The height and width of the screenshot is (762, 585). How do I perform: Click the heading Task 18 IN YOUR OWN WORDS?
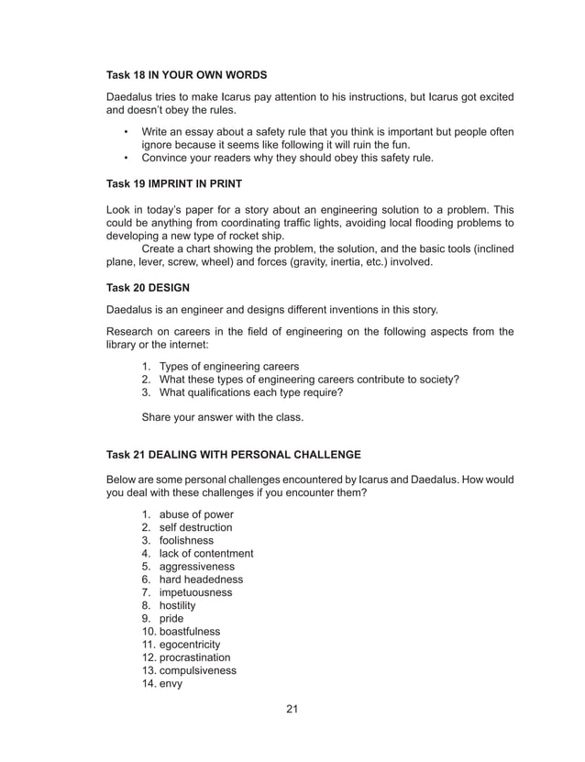click(x=187, y=73)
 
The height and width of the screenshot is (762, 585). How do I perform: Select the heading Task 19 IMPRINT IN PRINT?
click(x=174, y=183)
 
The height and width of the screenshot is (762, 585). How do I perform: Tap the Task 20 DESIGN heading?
click(x=149, y=287)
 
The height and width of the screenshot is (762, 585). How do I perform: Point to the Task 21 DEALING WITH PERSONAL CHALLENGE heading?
click(x=234, y=455)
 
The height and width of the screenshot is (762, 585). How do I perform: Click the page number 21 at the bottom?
click(x=292, y=709)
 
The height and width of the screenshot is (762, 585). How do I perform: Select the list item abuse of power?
click(x=195, y=514)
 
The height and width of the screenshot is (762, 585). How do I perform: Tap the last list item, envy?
click(x=171, y=683)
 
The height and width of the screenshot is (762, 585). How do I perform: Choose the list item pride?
click(x=171, y=619)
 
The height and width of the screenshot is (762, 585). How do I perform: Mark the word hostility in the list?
click(x=177, y=605)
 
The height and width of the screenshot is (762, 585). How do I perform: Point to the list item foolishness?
click(x=186, y=541)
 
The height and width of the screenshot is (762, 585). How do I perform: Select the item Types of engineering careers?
click(x=229, y=367)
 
